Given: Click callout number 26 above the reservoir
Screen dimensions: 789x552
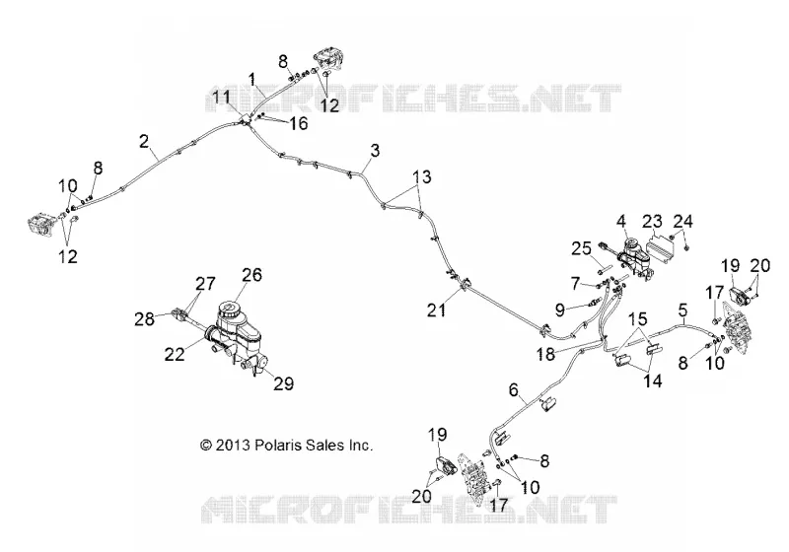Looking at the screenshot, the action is tap(251, 274).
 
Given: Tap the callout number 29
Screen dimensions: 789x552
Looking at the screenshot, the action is tap(283, 383).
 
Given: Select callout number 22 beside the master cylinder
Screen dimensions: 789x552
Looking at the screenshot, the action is tap(175, 354).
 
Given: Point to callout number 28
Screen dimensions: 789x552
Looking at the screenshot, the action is tap(144, 318).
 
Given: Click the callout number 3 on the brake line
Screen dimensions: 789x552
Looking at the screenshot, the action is tap(375, 150).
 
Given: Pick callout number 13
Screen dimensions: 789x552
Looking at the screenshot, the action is tap(422, 177).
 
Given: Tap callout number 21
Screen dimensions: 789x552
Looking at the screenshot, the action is tap(436, 310).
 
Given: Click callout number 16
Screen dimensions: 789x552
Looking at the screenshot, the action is tap(299, 123).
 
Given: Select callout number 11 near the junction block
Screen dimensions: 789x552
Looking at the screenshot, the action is tap(221, 97).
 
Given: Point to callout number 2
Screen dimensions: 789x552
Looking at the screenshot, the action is tap(144, 141).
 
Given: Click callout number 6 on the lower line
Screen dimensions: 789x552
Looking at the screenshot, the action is tap(513, 389).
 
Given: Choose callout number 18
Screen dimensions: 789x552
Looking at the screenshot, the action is tap(545, 354).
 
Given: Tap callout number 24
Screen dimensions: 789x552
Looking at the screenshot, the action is tap(682, 221).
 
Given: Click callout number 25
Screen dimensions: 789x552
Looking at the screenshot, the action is tap(581, 248).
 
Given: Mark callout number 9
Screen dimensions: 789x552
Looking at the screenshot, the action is tap(560, 310).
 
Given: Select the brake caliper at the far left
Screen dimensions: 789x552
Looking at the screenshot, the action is tap(39, 224).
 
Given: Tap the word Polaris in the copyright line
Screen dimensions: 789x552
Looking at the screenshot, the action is tap(278, 445).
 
